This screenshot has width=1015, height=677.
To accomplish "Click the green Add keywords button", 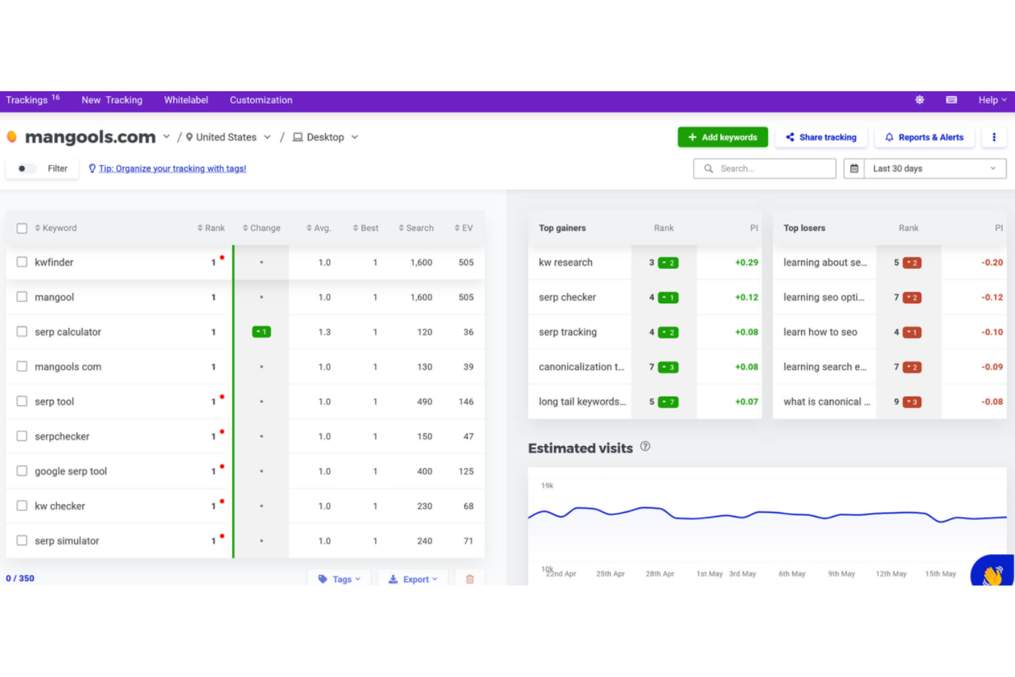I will click(722, 137).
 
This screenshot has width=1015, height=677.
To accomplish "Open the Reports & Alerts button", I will click(924, 137).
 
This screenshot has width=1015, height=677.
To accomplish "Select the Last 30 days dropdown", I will click(933, 169).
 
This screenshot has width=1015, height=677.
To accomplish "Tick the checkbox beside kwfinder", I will click(22, 262).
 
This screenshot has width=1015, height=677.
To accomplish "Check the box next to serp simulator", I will click(22, 541).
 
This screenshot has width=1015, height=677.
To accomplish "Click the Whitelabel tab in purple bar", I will click(186, 100).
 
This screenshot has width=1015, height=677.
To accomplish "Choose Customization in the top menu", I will click(261, 100).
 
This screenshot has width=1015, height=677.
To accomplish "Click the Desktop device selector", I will click(326, 137).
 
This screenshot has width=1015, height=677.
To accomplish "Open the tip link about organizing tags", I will click(172, 169).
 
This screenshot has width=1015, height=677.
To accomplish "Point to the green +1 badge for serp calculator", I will click(261, 332).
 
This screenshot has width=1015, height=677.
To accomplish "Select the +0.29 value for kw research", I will click(746, 263).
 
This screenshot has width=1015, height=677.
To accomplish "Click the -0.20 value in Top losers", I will click(992, 263).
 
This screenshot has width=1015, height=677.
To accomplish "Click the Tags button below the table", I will click(339, 579).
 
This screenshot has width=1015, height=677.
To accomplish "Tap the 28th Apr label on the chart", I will click(660, 574).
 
